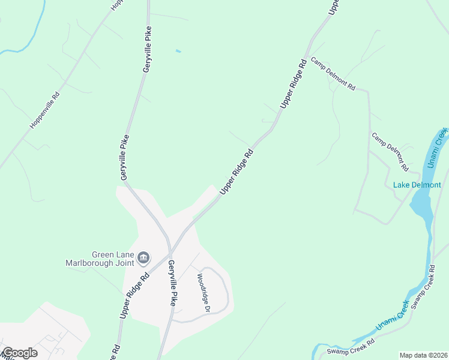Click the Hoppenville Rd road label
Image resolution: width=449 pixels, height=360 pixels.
point(46,110)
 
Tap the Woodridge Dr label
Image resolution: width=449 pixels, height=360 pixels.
point(202,293)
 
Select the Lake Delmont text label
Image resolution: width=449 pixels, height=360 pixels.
point(417,185)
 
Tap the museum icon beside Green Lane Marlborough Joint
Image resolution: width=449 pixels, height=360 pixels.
point(143,258)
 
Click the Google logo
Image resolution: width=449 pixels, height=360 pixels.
point(19,353)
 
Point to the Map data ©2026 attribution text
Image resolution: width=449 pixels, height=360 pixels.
point(424,355)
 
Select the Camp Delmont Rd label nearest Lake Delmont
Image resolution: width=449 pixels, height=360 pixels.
point(390,151)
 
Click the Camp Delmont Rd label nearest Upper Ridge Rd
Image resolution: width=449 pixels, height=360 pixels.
point(333,74)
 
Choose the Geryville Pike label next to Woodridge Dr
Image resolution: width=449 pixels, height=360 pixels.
point(172,283)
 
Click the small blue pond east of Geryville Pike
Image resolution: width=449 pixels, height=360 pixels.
point(178,51)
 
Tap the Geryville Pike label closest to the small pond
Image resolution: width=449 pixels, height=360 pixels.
point(146,50)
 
